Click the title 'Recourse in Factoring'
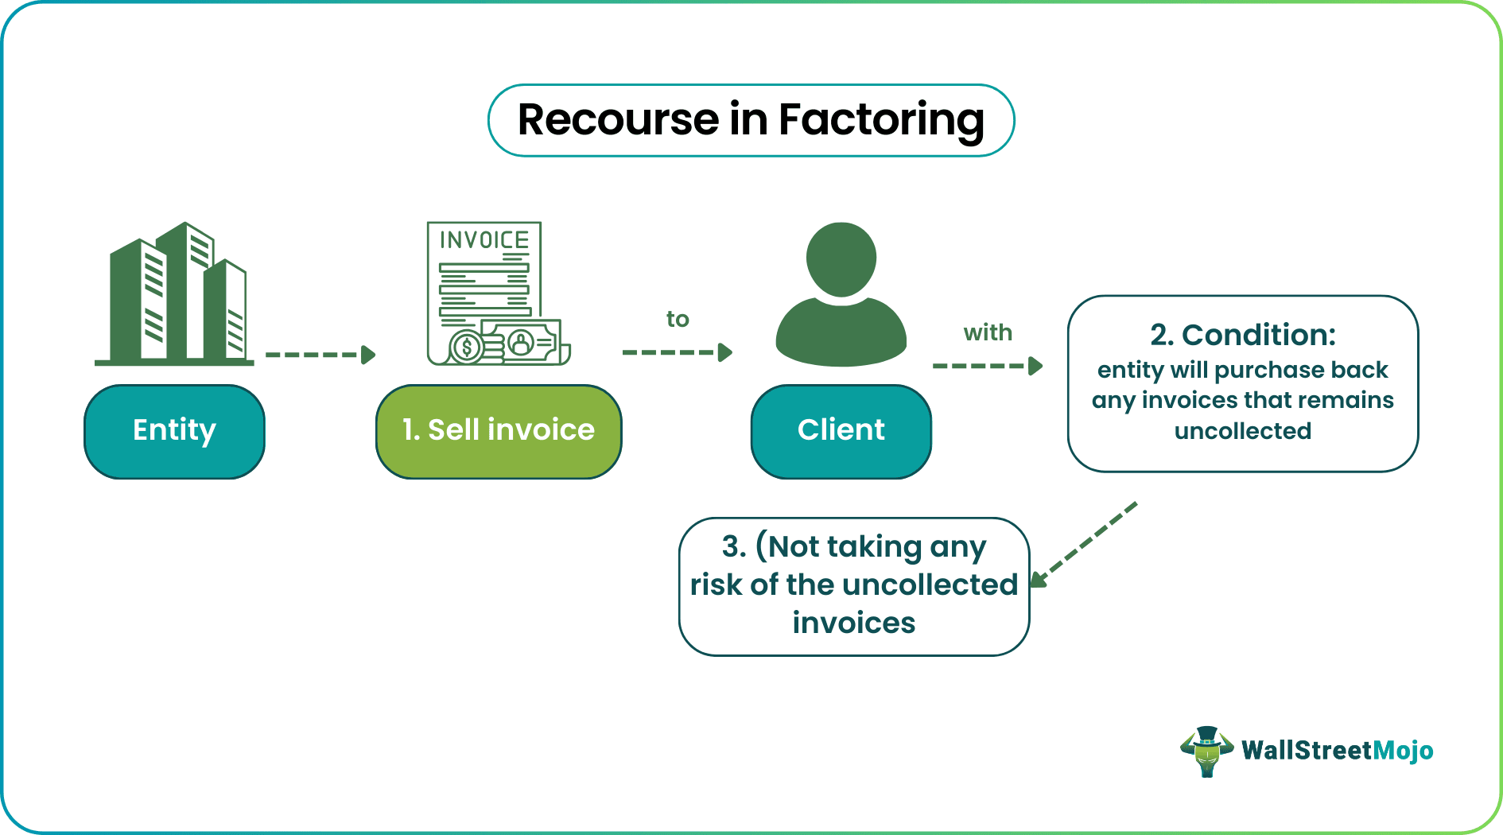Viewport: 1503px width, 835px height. [751, 120]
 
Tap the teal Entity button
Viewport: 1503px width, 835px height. [174, 431]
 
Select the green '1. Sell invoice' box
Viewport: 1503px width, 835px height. [499, 431]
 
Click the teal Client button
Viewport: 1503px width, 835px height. [841, 431]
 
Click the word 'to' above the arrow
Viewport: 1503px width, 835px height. [678, 320]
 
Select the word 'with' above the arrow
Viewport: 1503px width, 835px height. [988, 332]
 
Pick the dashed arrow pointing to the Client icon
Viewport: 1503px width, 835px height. [677, 352]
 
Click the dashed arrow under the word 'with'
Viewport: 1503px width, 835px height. [987, 366]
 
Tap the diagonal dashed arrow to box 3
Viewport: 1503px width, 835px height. [1085, 544]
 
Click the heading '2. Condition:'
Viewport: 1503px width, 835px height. [1243, 335]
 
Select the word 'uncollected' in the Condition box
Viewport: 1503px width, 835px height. [1242, 431]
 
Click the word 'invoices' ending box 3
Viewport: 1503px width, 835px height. [853, 623]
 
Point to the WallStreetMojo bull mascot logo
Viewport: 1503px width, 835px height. [1206, 751]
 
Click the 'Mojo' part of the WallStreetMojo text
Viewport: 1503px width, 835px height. [1403, 750]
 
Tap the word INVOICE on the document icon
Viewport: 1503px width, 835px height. [484, 240]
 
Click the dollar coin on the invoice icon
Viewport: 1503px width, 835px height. [467, 347]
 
